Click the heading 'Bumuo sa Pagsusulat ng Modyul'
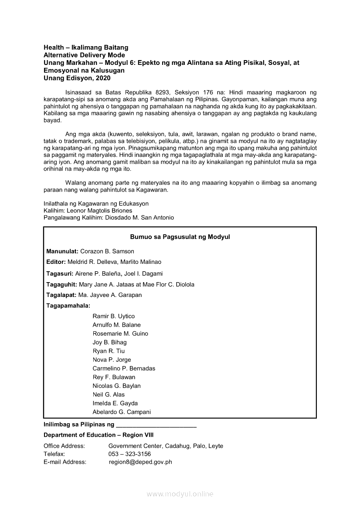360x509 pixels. tap(180, 237)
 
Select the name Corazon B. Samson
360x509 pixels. tap(107, 251)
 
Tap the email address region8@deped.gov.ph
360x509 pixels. tap(140, 462)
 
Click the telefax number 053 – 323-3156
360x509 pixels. tap(130, 454)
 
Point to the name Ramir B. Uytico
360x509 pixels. tap(114, 316)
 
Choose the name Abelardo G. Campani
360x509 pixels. tap(122, 412)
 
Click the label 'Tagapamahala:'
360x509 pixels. tap(68, 306)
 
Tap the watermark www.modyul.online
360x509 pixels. tap(180, 494)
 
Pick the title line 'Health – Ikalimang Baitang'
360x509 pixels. tap(86, 47)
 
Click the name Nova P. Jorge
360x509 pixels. tap(112, 360)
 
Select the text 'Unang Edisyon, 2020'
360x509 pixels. tap(77, 78)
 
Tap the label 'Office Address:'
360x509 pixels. tap(64, 446)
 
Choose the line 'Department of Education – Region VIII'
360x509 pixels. tap(98, 435)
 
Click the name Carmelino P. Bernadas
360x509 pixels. tap(124, 368)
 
